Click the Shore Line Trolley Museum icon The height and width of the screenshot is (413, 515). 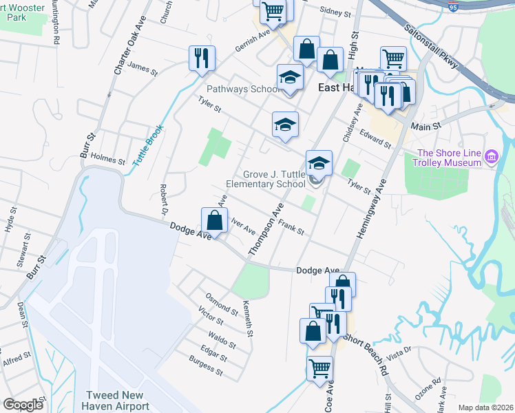pos(491,158)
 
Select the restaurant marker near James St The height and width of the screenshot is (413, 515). pos(202,58)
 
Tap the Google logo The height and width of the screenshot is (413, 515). pos(23,405)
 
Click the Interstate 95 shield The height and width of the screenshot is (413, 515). pos(452,6)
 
